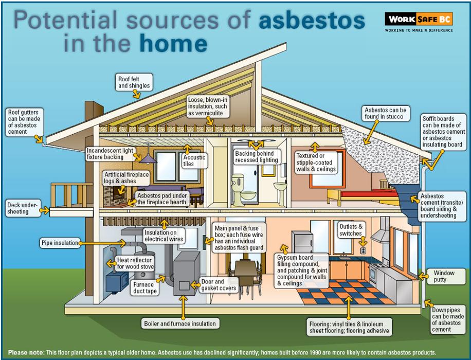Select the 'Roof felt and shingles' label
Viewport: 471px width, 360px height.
point(134,82)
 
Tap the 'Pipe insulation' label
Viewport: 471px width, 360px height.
point(60,242)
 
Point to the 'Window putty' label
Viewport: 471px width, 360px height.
point(444,276)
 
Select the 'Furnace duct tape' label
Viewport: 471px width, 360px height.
point(145,287)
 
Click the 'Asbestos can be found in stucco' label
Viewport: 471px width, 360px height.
point(385,113)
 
